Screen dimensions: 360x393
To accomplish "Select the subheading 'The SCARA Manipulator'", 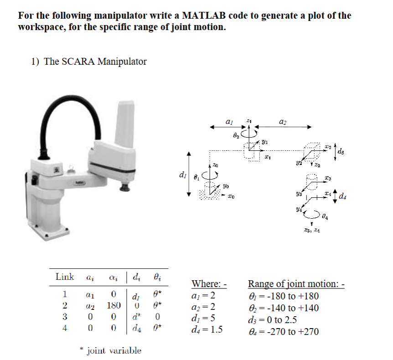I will click(95, 62).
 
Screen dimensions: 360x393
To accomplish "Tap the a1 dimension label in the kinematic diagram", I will click(229, 122).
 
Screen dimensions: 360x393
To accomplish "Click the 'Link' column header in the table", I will click(65, 277).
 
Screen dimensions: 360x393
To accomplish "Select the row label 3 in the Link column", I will click(65, 316).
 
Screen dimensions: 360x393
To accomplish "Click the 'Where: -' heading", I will click(209, 284).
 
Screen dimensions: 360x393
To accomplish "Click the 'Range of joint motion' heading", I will click(296, 284).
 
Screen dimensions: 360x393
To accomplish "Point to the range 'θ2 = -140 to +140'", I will click(283, 308).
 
